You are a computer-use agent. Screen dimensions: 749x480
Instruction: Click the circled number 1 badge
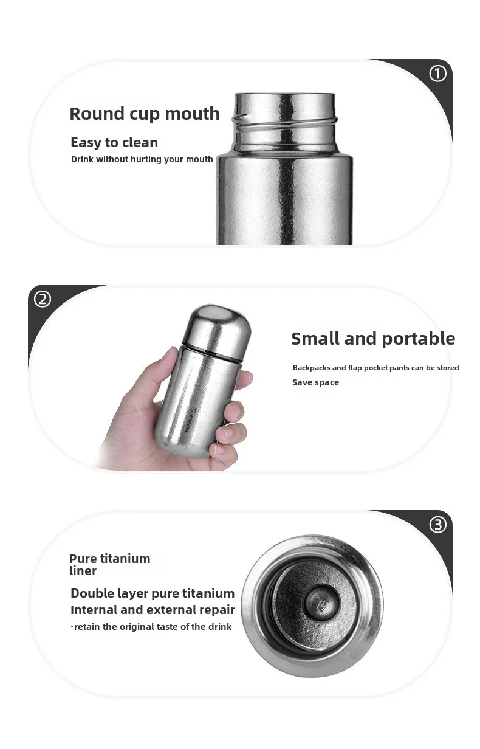tap(437, 74)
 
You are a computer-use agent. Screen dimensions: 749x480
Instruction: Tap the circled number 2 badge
tap(43, 299)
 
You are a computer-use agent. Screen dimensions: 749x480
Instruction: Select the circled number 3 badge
tap(437, 524)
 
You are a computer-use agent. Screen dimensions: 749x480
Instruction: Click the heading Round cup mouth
tap(145, 114)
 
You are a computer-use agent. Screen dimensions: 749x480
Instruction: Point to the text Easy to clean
tap(114, 142)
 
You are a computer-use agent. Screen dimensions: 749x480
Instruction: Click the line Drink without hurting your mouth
tap(142, 159)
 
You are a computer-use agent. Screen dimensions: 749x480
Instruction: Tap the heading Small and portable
tap(373, 339)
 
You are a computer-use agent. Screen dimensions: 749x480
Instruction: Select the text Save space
tap(315, 382)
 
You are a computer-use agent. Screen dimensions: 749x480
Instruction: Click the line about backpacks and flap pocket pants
tap(375, 368)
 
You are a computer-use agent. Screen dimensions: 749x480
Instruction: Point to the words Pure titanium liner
tap(109, 564)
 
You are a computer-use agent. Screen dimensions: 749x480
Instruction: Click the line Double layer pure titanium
tap(153, 593)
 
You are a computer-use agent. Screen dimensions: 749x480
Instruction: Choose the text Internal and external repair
tap(153, 610)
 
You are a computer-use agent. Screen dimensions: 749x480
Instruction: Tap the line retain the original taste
tap(151, 627)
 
